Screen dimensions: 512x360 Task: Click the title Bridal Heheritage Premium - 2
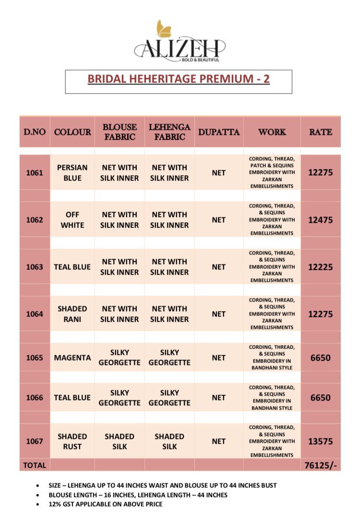tap(179, 79)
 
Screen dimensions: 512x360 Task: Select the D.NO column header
tap(35, 132)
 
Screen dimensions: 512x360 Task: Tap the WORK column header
tap(272, 132)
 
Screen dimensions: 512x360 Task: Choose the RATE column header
tap(321, 132)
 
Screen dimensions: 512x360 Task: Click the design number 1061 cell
tap(35, 173)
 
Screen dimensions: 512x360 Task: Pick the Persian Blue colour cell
tap(72, 173)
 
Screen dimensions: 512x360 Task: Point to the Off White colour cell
tap(72, 219)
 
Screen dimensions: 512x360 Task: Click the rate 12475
tap(321, 220)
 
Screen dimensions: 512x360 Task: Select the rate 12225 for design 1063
tap(321, 267)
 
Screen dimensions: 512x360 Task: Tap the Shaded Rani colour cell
tap(72, 314)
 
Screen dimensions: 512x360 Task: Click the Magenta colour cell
tap(72, 358)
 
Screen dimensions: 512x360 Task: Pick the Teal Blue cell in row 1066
tap(72, 398)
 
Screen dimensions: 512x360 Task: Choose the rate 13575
tap(321, 441)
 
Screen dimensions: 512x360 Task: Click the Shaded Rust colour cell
tap(72, 441)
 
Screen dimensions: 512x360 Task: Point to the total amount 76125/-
tap(321, 465)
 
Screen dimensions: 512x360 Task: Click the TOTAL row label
tap(35, 465)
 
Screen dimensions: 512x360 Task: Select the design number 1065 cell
tap(35, 358)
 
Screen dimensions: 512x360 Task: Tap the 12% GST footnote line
tap(106, 504)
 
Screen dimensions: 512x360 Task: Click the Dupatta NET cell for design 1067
tap(218, 441)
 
